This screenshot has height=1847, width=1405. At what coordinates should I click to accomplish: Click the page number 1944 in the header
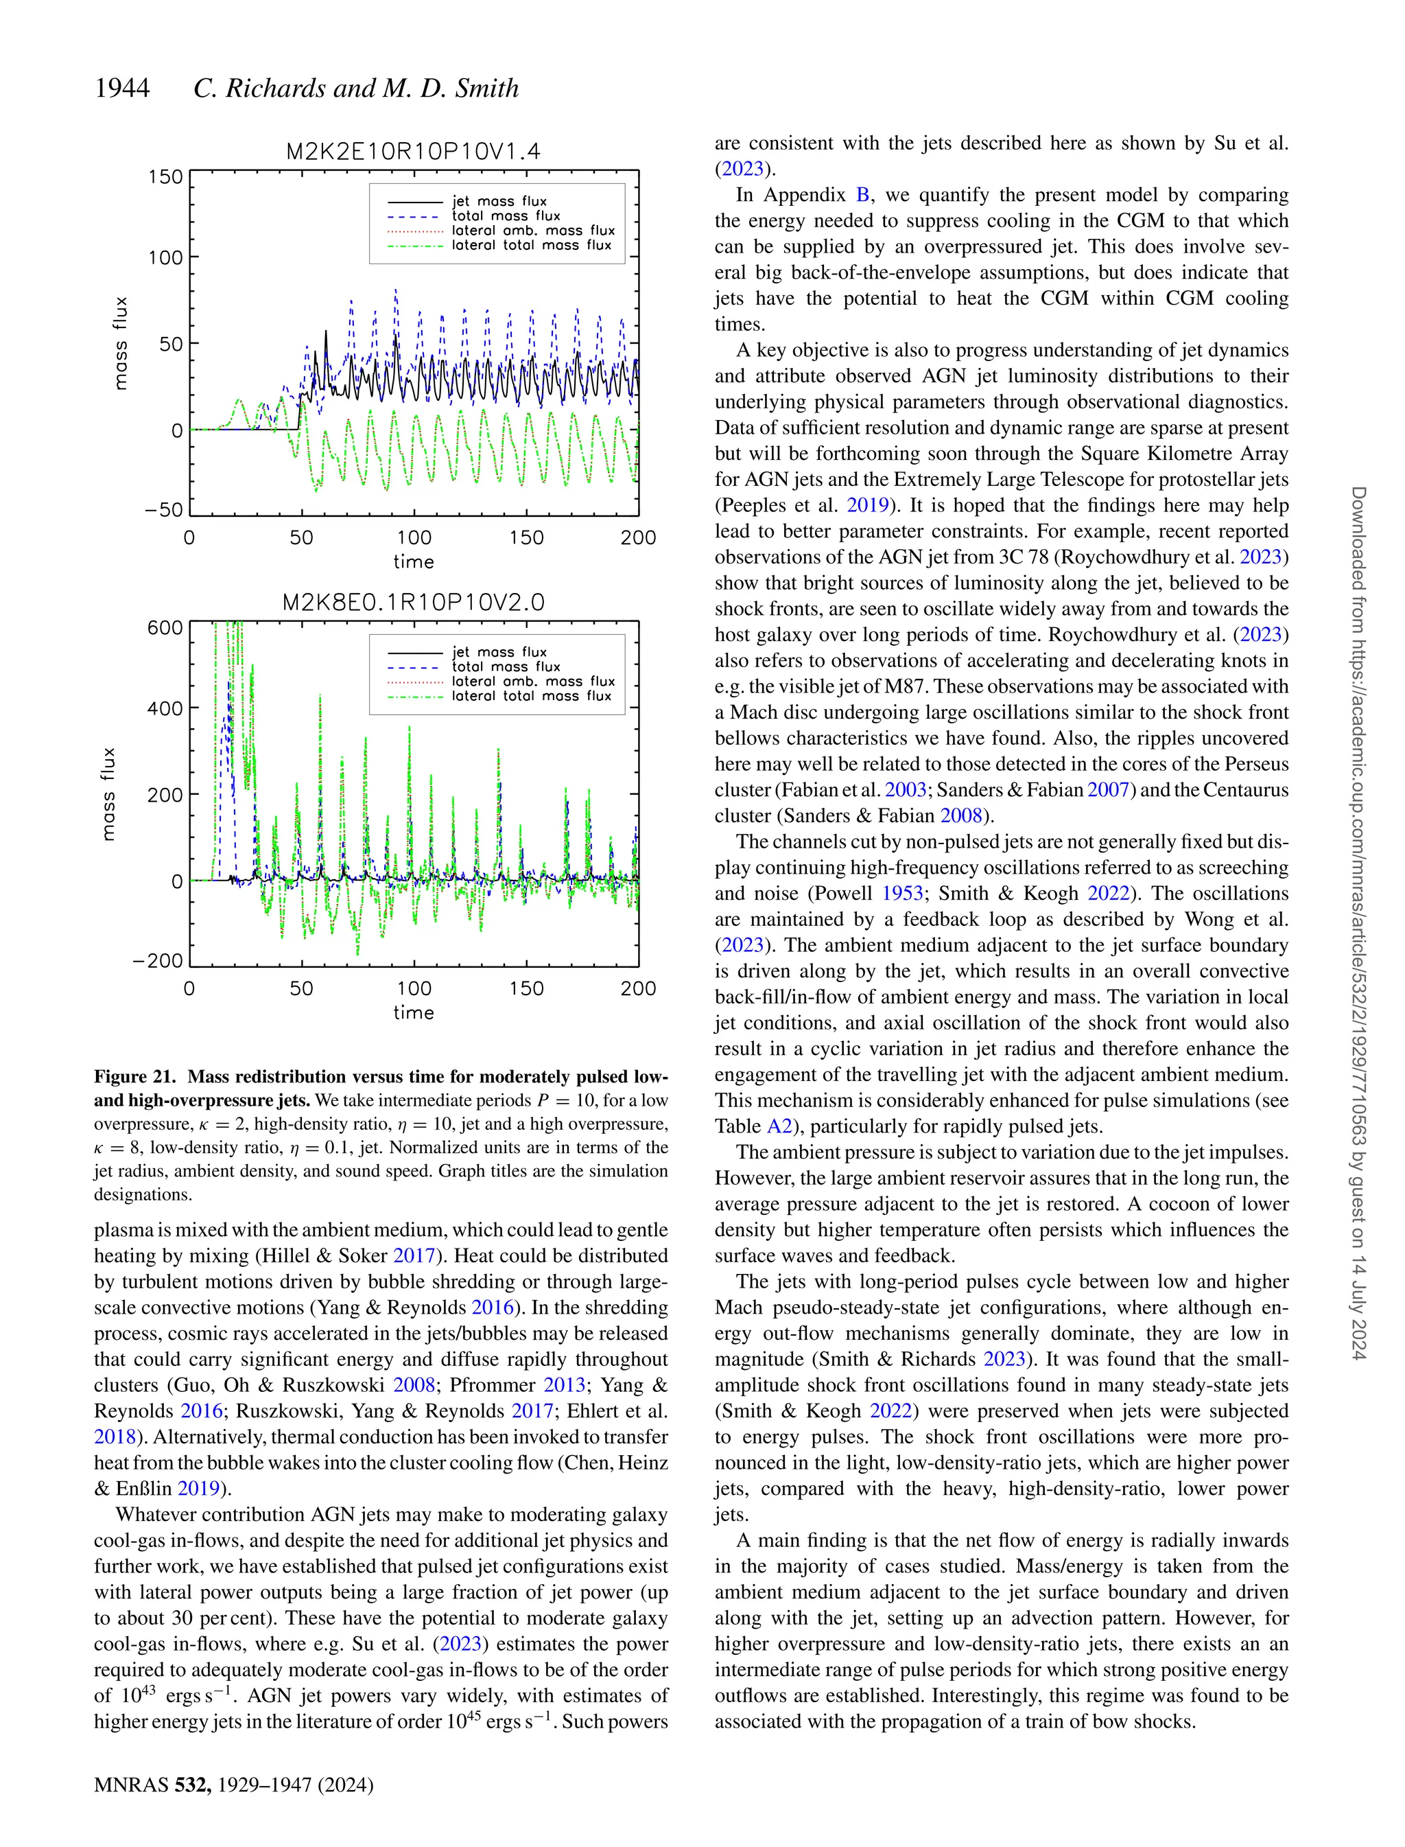click(122, 88)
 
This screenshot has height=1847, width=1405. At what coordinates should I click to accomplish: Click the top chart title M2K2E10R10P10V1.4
click(413, 152)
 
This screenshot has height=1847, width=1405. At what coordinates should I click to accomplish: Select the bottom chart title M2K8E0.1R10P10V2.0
click(413, 603)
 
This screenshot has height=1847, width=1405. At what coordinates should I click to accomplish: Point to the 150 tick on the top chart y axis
click(165, 177)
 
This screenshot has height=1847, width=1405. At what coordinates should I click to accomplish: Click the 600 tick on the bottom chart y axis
click(165, 627)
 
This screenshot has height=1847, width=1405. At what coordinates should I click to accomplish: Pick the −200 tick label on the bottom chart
click(159, 960)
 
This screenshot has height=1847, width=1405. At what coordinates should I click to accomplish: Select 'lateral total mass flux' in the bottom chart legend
click(531, 696)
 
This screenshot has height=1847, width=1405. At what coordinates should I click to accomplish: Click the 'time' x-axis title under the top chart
click(413, 561)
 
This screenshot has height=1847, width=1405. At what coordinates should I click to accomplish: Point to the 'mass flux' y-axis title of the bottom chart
click(108, 793)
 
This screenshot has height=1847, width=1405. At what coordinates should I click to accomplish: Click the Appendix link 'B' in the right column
click(862, 195)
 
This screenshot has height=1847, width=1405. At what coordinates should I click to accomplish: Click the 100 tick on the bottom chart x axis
click(413, 989)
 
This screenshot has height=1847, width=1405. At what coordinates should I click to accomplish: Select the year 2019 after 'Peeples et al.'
click(867, 505)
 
